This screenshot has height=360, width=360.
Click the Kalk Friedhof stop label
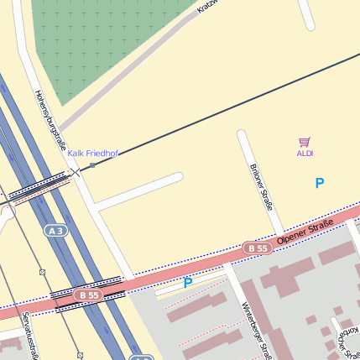coord(93,154)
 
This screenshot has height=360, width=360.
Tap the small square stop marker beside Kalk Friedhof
coord(92,165)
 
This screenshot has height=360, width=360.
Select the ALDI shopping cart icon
coord(305,143)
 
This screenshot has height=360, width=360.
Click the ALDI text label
coord(305,154)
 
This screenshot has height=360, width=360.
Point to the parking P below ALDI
coord(319,183)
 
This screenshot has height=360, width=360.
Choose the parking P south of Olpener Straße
coord(188,284)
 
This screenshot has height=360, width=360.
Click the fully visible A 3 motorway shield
coord(56,230)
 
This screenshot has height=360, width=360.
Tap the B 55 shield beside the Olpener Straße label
coord(258,248)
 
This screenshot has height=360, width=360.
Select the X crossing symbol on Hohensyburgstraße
coord(76,172)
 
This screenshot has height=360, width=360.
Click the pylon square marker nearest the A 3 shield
coord(42,273)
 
